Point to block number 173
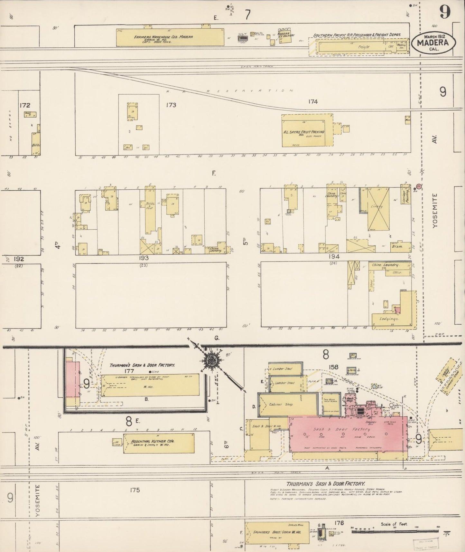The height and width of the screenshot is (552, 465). [x=171, y=105]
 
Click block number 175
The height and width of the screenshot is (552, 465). [x=135, y=490]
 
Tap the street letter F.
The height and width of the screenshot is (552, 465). [x=214, y=174]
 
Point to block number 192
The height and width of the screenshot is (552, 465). [x=19, y=259]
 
